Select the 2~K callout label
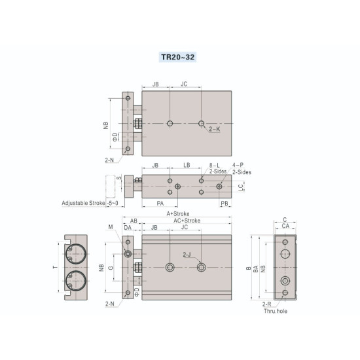215,130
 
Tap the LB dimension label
187,166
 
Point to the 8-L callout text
213,166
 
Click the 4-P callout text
242,166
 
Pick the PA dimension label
160,204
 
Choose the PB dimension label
225,204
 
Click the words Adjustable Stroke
84,203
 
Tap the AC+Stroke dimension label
187,221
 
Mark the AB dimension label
134,221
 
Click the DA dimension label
128,228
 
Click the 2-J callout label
187,254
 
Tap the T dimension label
55,267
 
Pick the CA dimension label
285,226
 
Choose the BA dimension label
255,268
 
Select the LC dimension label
242,187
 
